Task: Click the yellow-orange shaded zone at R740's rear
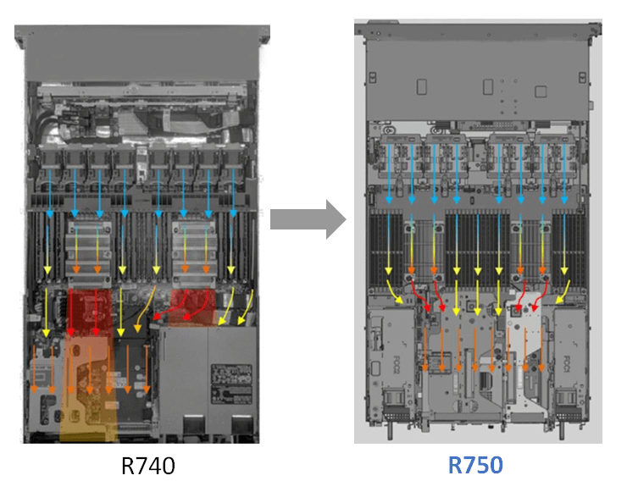click(87, 398)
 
